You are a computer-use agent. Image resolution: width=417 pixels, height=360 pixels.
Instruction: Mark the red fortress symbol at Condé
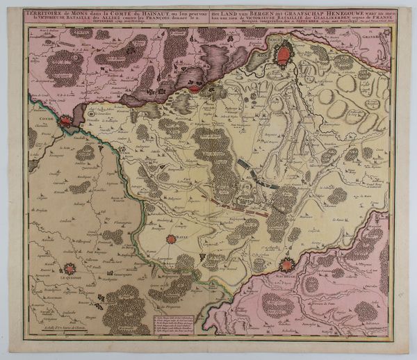coord(65,121)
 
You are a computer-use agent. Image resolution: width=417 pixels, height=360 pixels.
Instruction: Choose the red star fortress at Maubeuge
coord(286,265)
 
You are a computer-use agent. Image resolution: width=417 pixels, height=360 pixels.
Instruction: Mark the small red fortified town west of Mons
coord(195,88)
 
